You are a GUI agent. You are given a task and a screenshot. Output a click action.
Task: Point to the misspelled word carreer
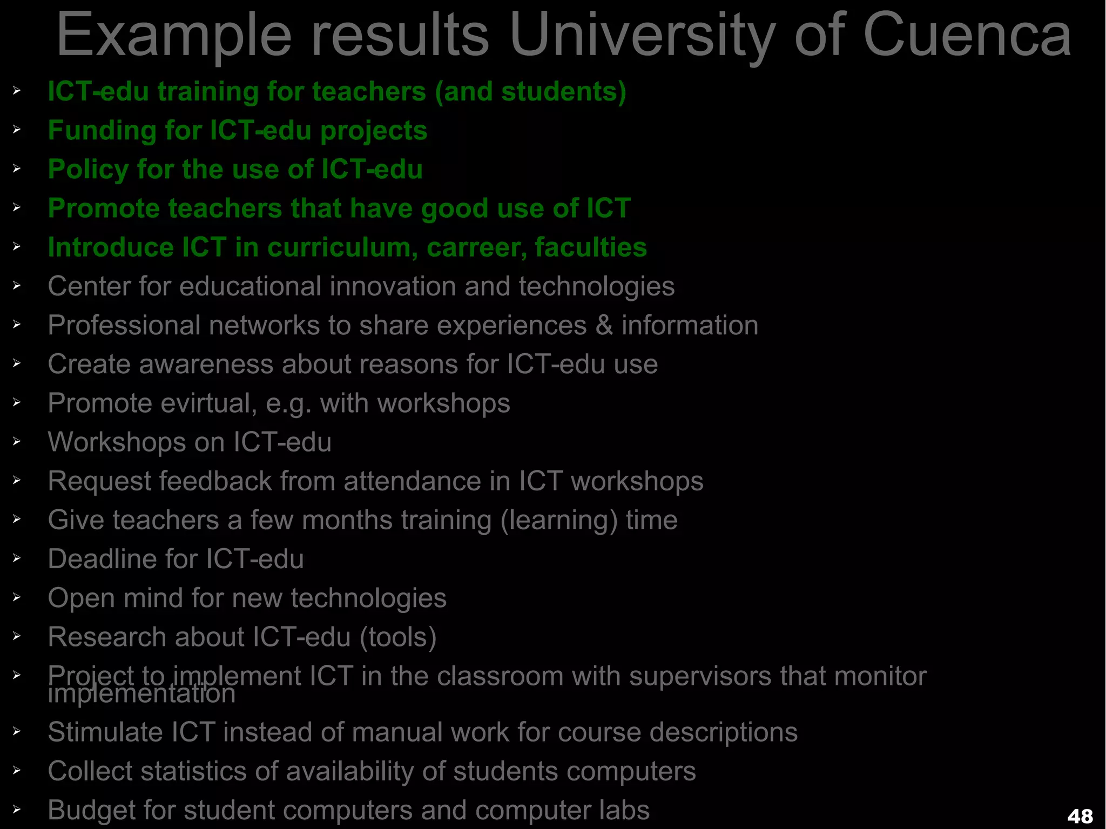(476, 248)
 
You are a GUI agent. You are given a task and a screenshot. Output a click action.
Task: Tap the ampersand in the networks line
(604, 325)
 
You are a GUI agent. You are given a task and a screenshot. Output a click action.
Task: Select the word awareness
(206, 364)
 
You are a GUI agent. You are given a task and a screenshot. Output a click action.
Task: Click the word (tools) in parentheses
(398, 637)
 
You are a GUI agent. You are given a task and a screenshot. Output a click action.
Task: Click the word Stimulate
(105, 732)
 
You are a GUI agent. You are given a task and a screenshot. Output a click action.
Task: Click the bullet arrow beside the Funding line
(17, 130)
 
